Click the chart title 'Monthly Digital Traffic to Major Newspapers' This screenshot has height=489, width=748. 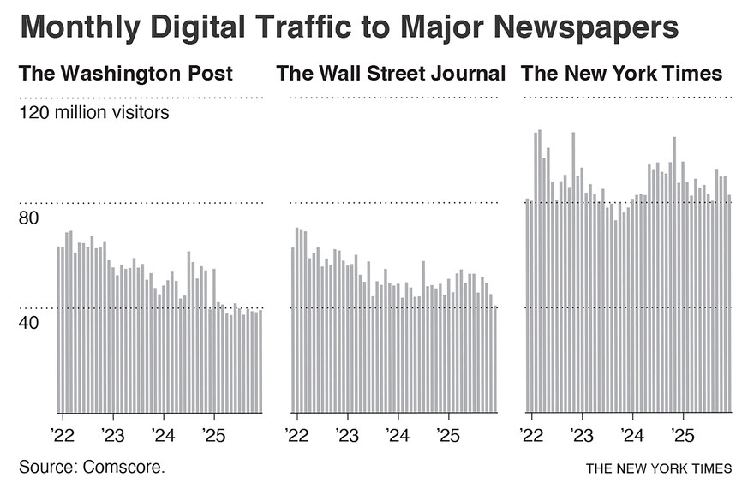(349, 27)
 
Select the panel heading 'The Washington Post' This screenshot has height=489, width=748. (126, 74)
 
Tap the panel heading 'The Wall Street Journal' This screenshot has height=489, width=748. (391, 74)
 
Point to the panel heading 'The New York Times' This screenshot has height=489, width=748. (621, 74)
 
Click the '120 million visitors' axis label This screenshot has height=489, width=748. (94, 112)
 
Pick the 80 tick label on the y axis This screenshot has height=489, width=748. (29, 218)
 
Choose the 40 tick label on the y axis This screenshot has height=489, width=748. (29, 324)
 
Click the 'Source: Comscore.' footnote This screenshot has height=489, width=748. (92, 467)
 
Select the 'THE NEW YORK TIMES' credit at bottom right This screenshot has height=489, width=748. (659, 468)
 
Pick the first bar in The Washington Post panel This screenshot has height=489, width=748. (58, 329)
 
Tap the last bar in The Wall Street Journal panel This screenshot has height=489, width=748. (494, 359)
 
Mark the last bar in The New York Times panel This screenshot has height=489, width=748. (729, 303)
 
